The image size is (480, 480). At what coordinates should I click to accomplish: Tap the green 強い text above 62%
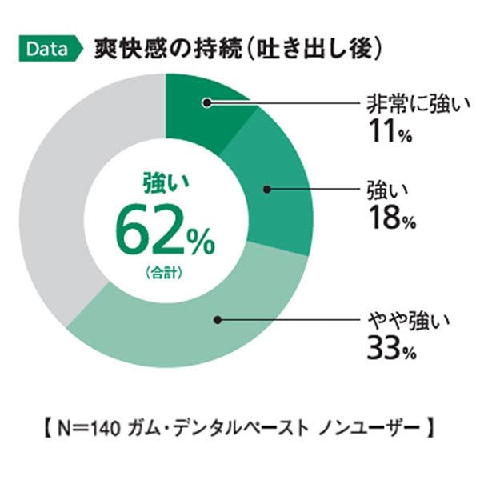coord(165,185)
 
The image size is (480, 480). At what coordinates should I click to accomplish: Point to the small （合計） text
coord(165,272)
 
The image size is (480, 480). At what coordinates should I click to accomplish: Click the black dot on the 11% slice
coord(206,102)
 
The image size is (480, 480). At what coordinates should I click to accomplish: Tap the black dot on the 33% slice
coord(217,319)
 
